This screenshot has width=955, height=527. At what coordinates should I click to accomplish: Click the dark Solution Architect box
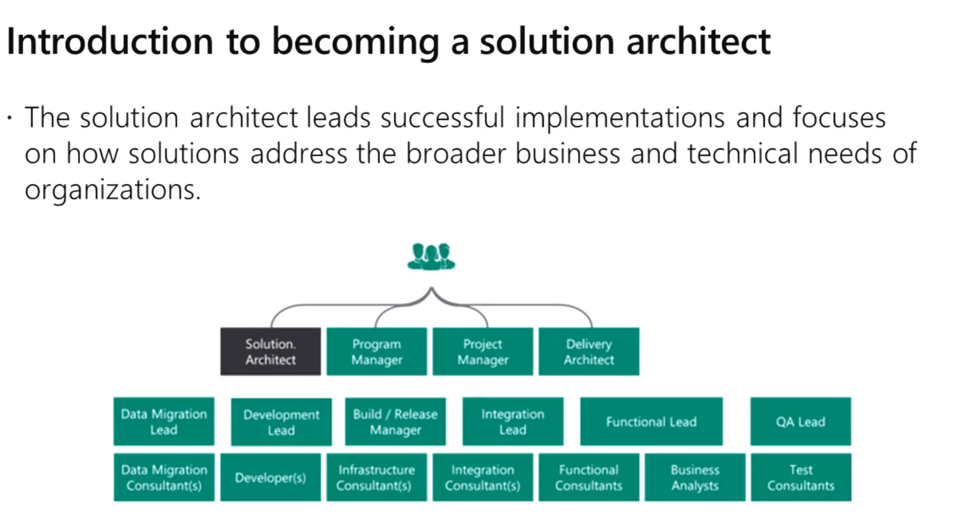point(270,352)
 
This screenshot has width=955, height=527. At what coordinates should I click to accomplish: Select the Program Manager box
point(376,352)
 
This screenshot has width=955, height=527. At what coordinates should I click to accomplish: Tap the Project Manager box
point(483,352)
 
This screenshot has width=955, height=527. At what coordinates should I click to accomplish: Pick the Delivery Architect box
point(589,352)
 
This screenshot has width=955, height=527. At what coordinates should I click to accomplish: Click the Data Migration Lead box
point(164,422)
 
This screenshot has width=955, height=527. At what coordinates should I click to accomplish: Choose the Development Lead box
point(281,422)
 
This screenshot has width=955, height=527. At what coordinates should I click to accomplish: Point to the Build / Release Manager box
point(395,422)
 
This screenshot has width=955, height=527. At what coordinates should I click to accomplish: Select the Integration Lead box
point(513,422)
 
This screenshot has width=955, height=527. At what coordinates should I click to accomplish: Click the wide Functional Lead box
point(651,422)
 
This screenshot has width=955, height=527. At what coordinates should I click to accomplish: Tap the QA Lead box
point(800,422)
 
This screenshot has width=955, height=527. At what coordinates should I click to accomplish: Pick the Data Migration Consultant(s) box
point(164,477)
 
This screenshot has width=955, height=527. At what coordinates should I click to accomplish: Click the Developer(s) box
point(270,477)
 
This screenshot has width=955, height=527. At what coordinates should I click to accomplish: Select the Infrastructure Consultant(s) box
point(376,477)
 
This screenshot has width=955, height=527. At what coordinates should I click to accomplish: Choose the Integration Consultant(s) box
point(483,477)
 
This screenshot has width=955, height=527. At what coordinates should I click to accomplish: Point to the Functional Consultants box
point(589,477)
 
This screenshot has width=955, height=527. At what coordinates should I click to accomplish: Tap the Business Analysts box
point(695,477)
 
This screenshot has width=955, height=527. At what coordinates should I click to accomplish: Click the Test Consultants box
point(800,477)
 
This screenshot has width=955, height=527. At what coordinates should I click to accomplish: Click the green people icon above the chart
point(431,256)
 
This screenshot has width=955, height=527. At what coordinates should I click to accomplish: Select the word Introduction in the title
point(109,41)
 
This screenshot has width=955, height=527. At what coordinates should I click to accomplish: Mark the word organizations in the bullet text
point(112,190)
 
